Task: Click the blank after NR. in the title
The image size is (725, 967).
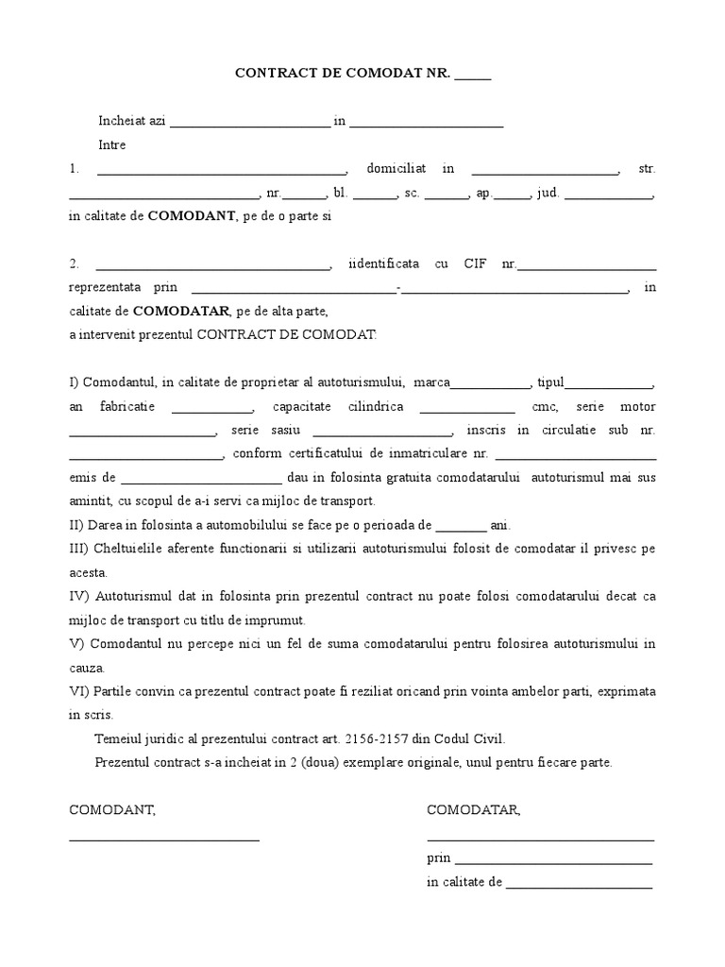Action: pos(473,76)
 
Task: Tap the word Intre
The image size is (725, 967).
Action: pos(112,145)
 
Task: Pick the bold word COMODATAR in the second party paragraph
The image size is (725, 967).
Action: pos(181,311)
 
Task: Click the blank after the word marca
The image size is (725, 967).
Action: pos(491,383)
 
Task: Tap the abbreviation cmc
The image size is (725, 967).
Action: pos(545,407)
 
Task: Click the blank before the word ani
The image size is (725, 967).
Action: pos(462,526)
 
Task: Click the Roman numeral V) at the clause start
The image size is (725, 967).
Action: pos(76,644)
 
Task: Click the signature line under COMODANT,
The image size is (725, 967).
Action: pos(164,838)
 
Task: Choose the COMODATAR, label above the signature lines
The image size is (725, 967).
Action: pos(473,810)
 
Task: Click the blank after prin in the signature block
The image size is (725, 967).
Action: pos(554,860)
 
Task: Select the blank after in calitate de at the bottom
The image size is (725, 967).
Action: pos(579,885)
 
